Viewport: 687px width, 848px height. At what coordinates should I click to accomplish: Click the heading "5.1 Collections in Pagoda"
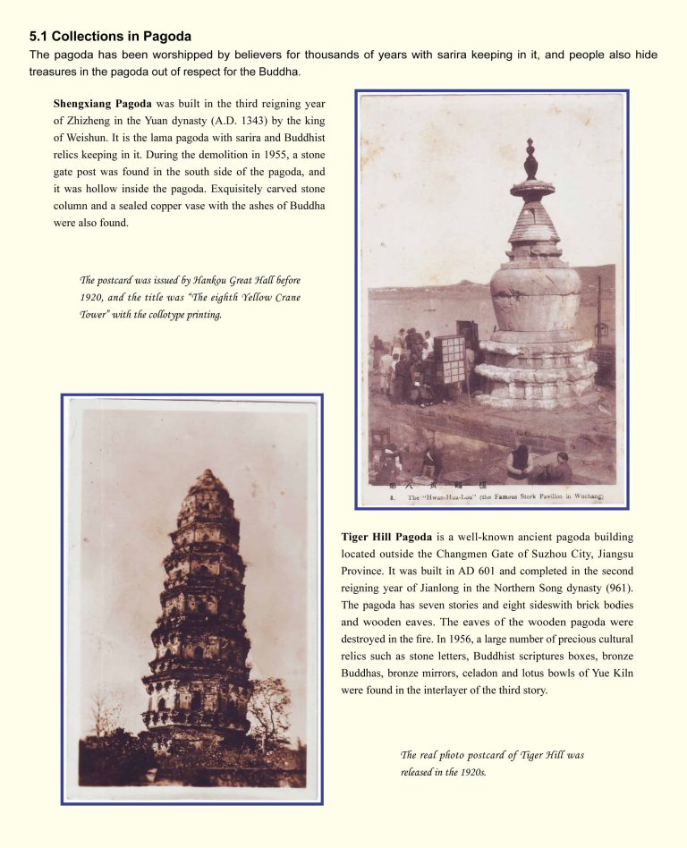(110, 37)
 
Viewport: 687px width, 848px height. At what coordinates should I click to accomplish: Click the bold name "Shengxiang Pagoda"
(102, 104)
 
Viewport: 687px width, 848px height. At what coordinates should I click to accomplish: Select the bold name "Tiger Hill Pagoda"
(386, 538)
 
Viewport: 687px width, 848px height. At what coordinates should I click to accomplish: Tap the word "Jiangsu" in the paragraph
(611, 555)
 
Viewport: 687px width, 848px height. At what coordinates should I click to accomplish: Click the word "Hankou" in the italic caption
(201, 281)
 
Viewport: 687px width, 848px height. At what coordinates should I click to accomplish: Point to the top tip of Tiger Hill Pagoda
(208, 471)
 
